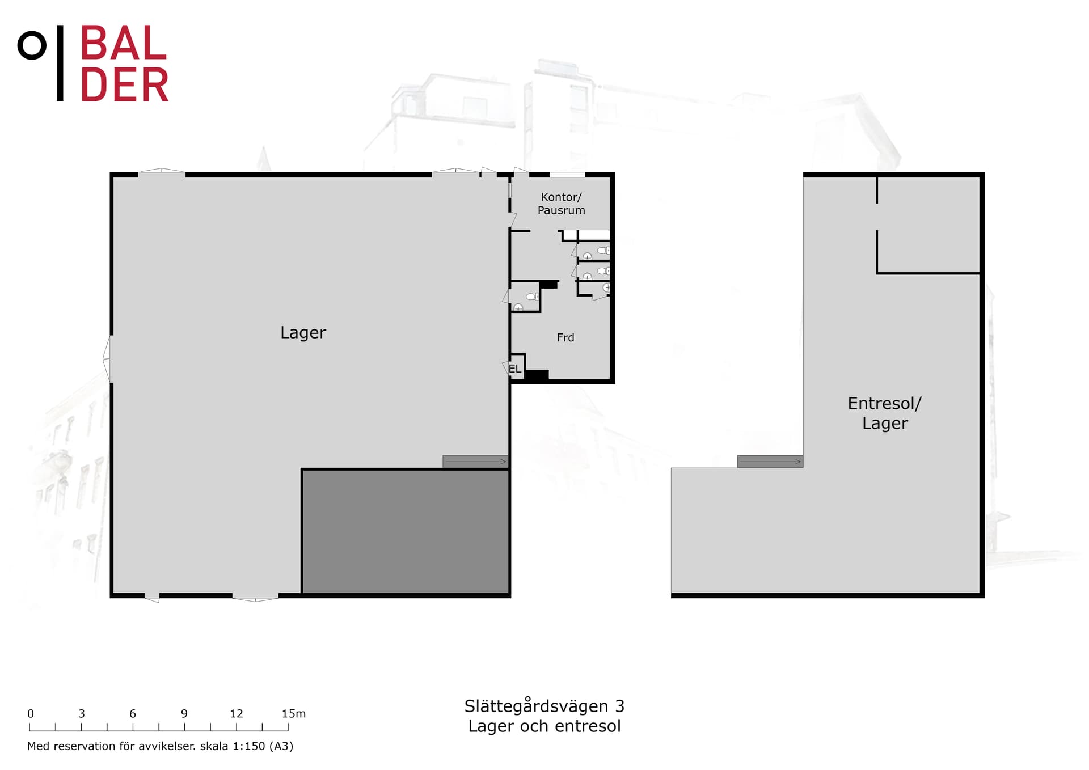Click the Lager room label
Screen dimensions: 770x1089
click(303, 333)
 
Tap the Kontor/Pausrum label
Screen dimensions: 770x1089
click(561, 204)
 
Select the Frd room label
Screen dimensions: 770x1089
click(565, 338)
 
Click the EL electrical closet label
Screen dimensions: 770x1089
click(514, 369)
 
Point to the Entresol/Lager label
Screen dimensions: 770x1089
click(884, 413)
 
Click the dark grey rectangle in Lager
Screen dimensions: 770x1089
click(405, 531)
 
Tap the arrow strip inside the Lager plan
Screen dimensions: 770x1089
click(475, 462)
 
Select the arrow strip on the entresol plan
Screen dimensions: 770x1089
click(770, 462)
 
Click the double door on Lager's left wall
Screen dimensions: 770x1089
click(107, 358)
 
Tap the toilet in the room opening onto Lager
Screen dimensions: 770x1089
click(531, 297)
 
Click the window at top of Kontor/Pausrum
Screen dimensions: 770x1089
click(567, 175)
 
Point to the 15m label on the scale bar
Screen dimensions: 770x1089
click(293, 714)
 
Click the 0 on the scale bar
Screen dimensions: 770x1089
click(31, 714)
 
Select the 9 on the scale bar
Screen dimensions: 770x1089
click(184, 714)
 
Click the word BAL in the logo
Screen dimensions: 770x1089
click(124, 44)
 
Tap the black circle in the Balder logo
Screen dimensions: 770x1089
click(32, 45)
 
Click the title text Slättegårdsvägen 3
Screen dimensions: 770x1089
click(544, 706)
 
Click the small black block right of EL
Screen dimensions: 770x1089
click(537, 375)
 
